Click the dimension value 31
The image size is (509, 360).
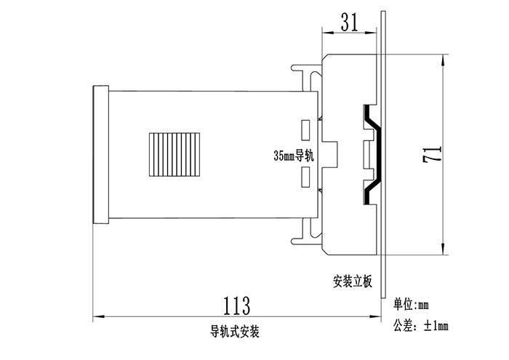click(349, 23)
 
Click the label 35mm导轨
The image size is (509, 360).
click(292, 155)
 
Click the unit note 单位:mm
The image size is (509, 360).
click(412, 303)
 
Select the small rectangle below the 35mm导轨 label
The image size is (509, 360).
click(306, 177)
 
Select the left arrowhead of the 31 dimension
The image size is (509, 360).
click(326, 32)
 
